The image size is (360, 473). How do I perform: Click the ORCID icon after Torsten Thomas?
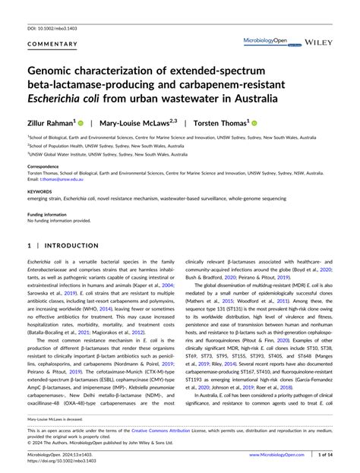tap(254, 121)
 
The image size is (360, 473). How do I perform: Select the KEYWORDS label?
tap(39, 191)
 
